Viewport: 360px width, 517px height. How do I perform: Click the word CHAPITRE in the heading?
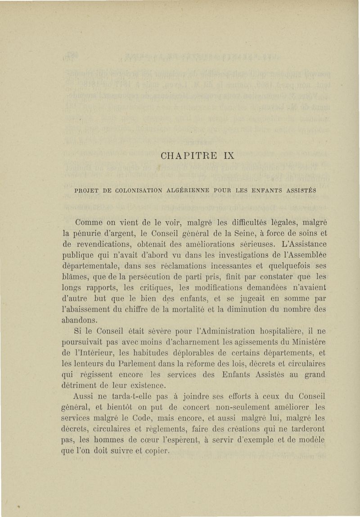click(185, 156)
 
